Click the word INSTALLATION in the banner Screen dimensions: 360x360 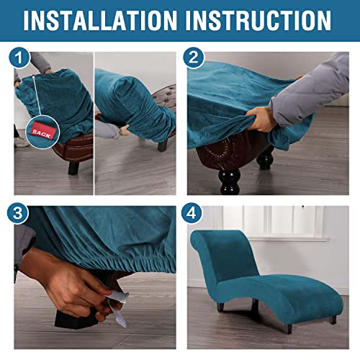pyautogui.click(x=100, y=20)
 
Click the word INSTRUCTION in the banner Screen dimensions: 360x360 pyautogui.click(x=258, y=20)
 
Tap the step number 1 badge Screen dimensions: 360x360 pyautogui.click(x=19, y=58)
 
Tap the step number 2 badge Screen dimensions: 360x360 pyautogui.click(x=194, y=58)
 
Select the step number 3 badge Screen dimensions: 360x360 pyautogui.click(x=17, y=213)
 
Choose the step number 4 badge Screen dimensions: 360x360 pyautogui.click(x=192, y=213)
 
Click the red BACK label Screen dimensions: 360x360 pyautogui.click(x=42, y=132)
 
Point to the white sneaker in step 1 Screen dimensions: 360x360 pyautogui.click(x=21, y=142)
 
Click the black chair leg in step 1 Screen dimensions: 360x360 pyautogui.click(x=73, y=168)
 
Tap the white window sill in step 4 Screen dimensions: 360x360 pyautogui.click(x=288, y=239)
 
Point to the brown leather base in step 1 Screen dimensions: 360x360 pyautogui.click(x=74, y=149)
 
